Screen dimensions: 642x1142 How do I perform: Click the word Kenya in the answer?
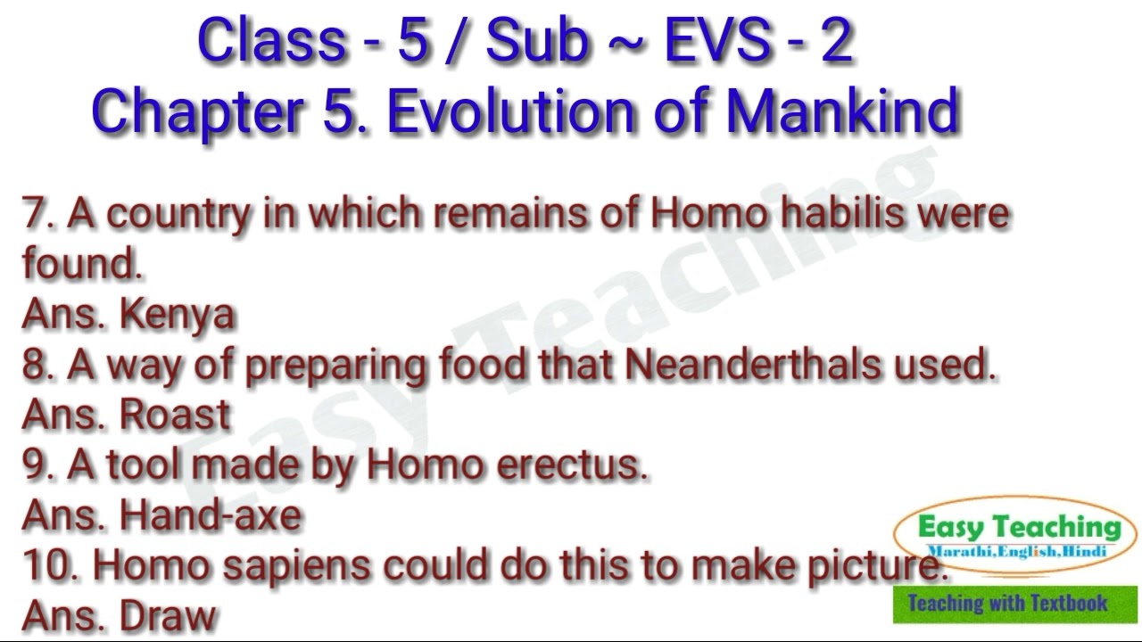[177, 314]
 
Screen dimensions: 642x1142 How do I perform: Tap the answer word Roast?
[175, 415]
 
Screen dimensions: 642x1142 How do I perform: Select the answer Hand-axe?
[211, 515]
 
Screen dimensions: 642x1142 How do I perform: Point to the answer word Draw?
[168, 616]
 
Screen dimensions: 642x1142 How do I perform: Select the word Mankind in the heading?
[842, 111]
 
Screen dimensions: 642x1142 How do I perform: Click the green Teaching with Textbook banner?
[1014, 604]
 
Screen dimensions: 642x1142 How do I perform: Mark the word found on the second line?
[79, 264]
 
